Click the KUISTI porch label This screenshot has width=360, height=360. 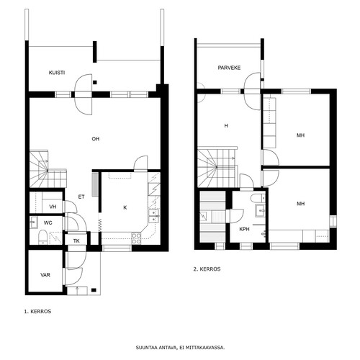click(x=57, y=73)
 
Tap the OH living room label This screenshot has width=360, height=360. click(x=96, y=139)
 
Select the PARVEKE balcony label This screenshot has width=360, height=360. click(x=229, y=68)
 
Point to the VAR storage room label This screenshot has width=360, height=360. click(x=45, y=275)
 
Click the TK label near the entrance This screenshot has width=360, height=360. click(x=76, y=240)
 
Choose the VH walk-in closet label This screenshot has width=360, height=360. click(x=53, y=207)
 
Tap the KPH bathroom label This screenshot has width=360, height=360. click(x=244, y=229)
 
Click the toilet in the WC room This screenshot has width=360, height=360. click(x=42, y=237)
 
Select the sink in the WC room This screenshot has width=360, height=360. click(x=33, y=222)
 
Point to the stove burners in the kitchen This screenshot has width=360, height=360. click(x=136, y=238)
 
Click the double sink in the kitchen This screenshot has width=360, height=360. click(x=154, y=216)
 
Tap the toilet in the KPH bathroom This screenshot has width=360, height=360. click(x=258, y=198)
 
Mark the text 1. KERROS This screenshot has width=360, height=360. click(x=37, y=312)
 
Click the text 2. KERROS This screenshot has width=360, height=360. click(x=207, y=269)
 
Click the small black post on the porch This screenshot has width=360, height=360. click(x=95, y=82)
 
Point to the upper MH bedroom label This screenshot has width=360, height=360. click(x=300, y=135)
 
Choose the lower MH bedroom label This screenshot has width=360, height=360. click(x=300, y=204)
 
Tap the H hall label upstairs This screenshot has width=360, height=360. click(x=226, y=126)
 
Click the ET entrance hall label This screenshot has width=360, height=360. click(x=81, y=197)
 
